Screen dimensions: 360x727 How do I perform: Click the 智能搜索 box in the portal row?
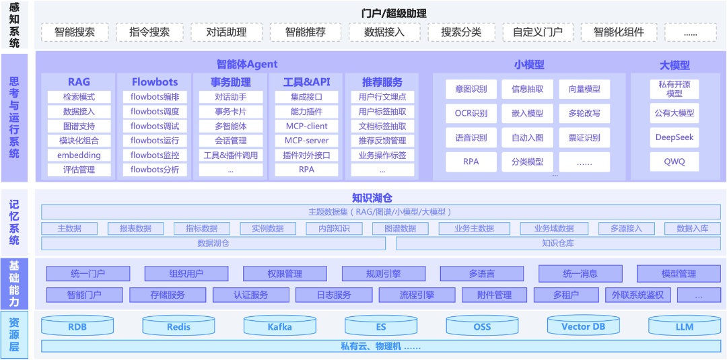pos(75,32)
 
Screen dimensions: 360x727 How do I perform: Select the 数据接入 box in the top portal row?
pos(384,32)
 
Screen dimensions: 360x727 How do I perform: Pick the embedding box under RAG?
pos(79,155)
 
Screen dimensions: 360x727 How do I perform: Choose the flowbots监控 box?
pos(155,155)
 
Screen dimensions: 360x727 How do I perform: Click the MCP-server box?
pos(306,141)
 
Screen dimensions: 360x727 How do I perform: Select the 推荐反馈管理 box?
pos(382,141)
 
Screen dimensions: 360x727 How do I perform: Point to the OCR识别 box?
pos(471,114)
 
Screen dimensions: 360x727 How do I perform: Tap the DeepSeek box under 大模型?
pos(674,137)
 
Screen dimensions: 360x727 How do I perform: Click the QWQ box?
pos(674,161)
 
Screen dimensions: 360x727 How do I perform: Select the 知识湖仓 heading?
pos(372,198)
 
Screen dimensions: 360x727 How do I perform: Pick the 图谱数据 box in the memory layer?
pos(400,228)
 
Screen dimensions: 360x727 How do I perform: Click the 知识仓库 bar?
pos(557,244)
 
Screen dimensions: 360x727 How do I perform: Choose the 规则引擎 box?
pos(383,274)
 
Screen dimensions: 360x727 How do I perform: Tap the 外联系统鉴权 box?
pos(637,295)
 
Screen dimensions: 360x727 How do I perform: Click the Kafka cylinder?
pos(279,326)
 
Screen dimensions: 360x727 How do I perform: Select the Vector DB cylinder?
pos(583,326)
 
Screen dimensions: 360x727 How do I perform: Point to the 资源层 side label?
pos(14,334)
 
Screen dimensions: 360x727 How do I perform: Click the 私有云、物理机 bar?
pos(380,347)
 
